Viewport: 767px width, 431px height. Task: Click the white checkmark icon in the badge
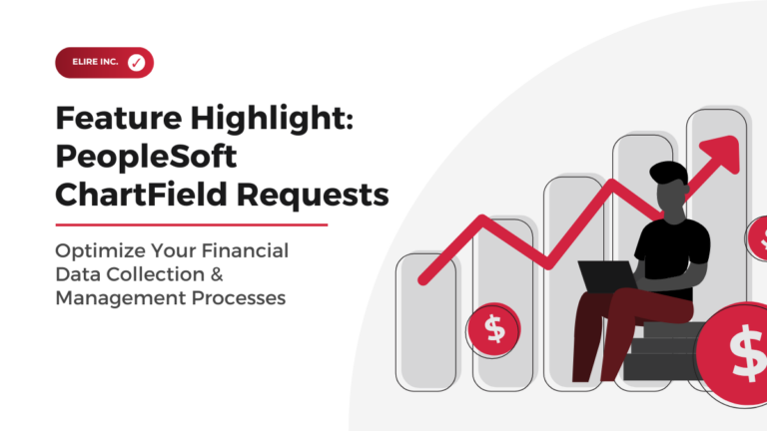[136, 63]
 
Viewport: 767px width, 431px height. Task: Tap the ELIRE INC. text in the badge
[94, 63]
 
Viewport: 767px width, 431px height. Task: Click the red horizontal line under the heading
[191, 224]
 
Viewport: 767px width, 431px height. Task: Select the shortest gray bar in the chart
[425, 319]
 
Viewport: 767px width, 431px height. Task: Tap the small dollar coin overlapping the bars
[493, 329]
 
